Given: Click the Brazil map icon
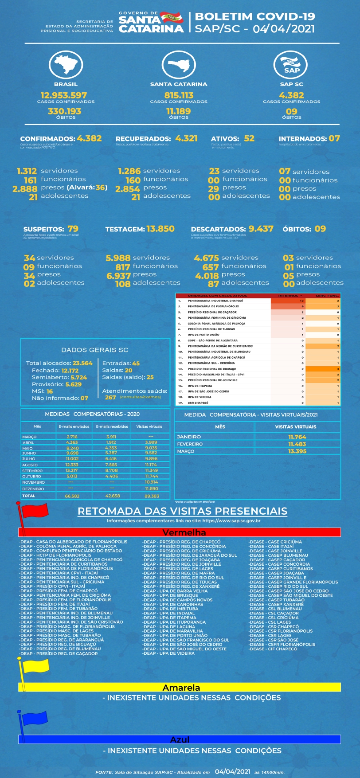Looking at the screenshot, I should point(66,65).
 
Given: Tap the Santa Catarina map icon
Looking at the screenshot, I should point(179,65).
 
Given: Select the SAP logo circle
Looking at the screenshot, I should point(291,65).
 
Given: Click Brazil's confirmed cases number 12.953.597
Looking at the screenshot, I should point(64,95).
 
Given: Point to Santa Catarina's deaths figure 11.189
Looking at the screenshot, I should point(179,111).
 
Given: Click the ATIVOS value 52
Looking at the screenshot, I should point(249,138).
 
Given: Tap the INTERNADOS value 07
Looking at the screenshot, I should point(334,138).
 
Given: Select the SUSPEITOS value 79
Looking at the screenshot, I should point(73,229).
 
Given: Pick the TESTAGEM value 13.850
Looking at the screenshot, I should point(160,229).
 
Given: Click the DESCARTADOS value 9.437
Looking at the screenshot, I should point(261,229).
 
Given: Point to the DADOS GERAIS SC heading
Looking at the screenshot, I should point(94,350).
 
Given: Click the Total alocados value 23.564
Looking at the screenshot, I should point(82,363).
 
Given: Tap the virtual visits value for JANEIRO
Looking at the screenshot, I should point(297,437).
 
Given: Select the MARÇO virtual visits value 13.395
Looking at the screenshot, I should point(297,451).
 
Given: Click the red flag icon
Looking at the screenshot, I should point(34,511).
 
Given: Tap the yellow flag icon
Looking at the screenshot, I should point(35,665).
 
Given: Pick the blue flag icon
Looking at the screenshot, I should point(34,718).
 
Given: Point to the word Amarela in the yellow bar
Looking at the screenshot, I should point(181,688).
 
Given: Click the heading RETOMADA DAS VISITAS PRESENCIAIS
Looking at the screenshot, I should point(182,511).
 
